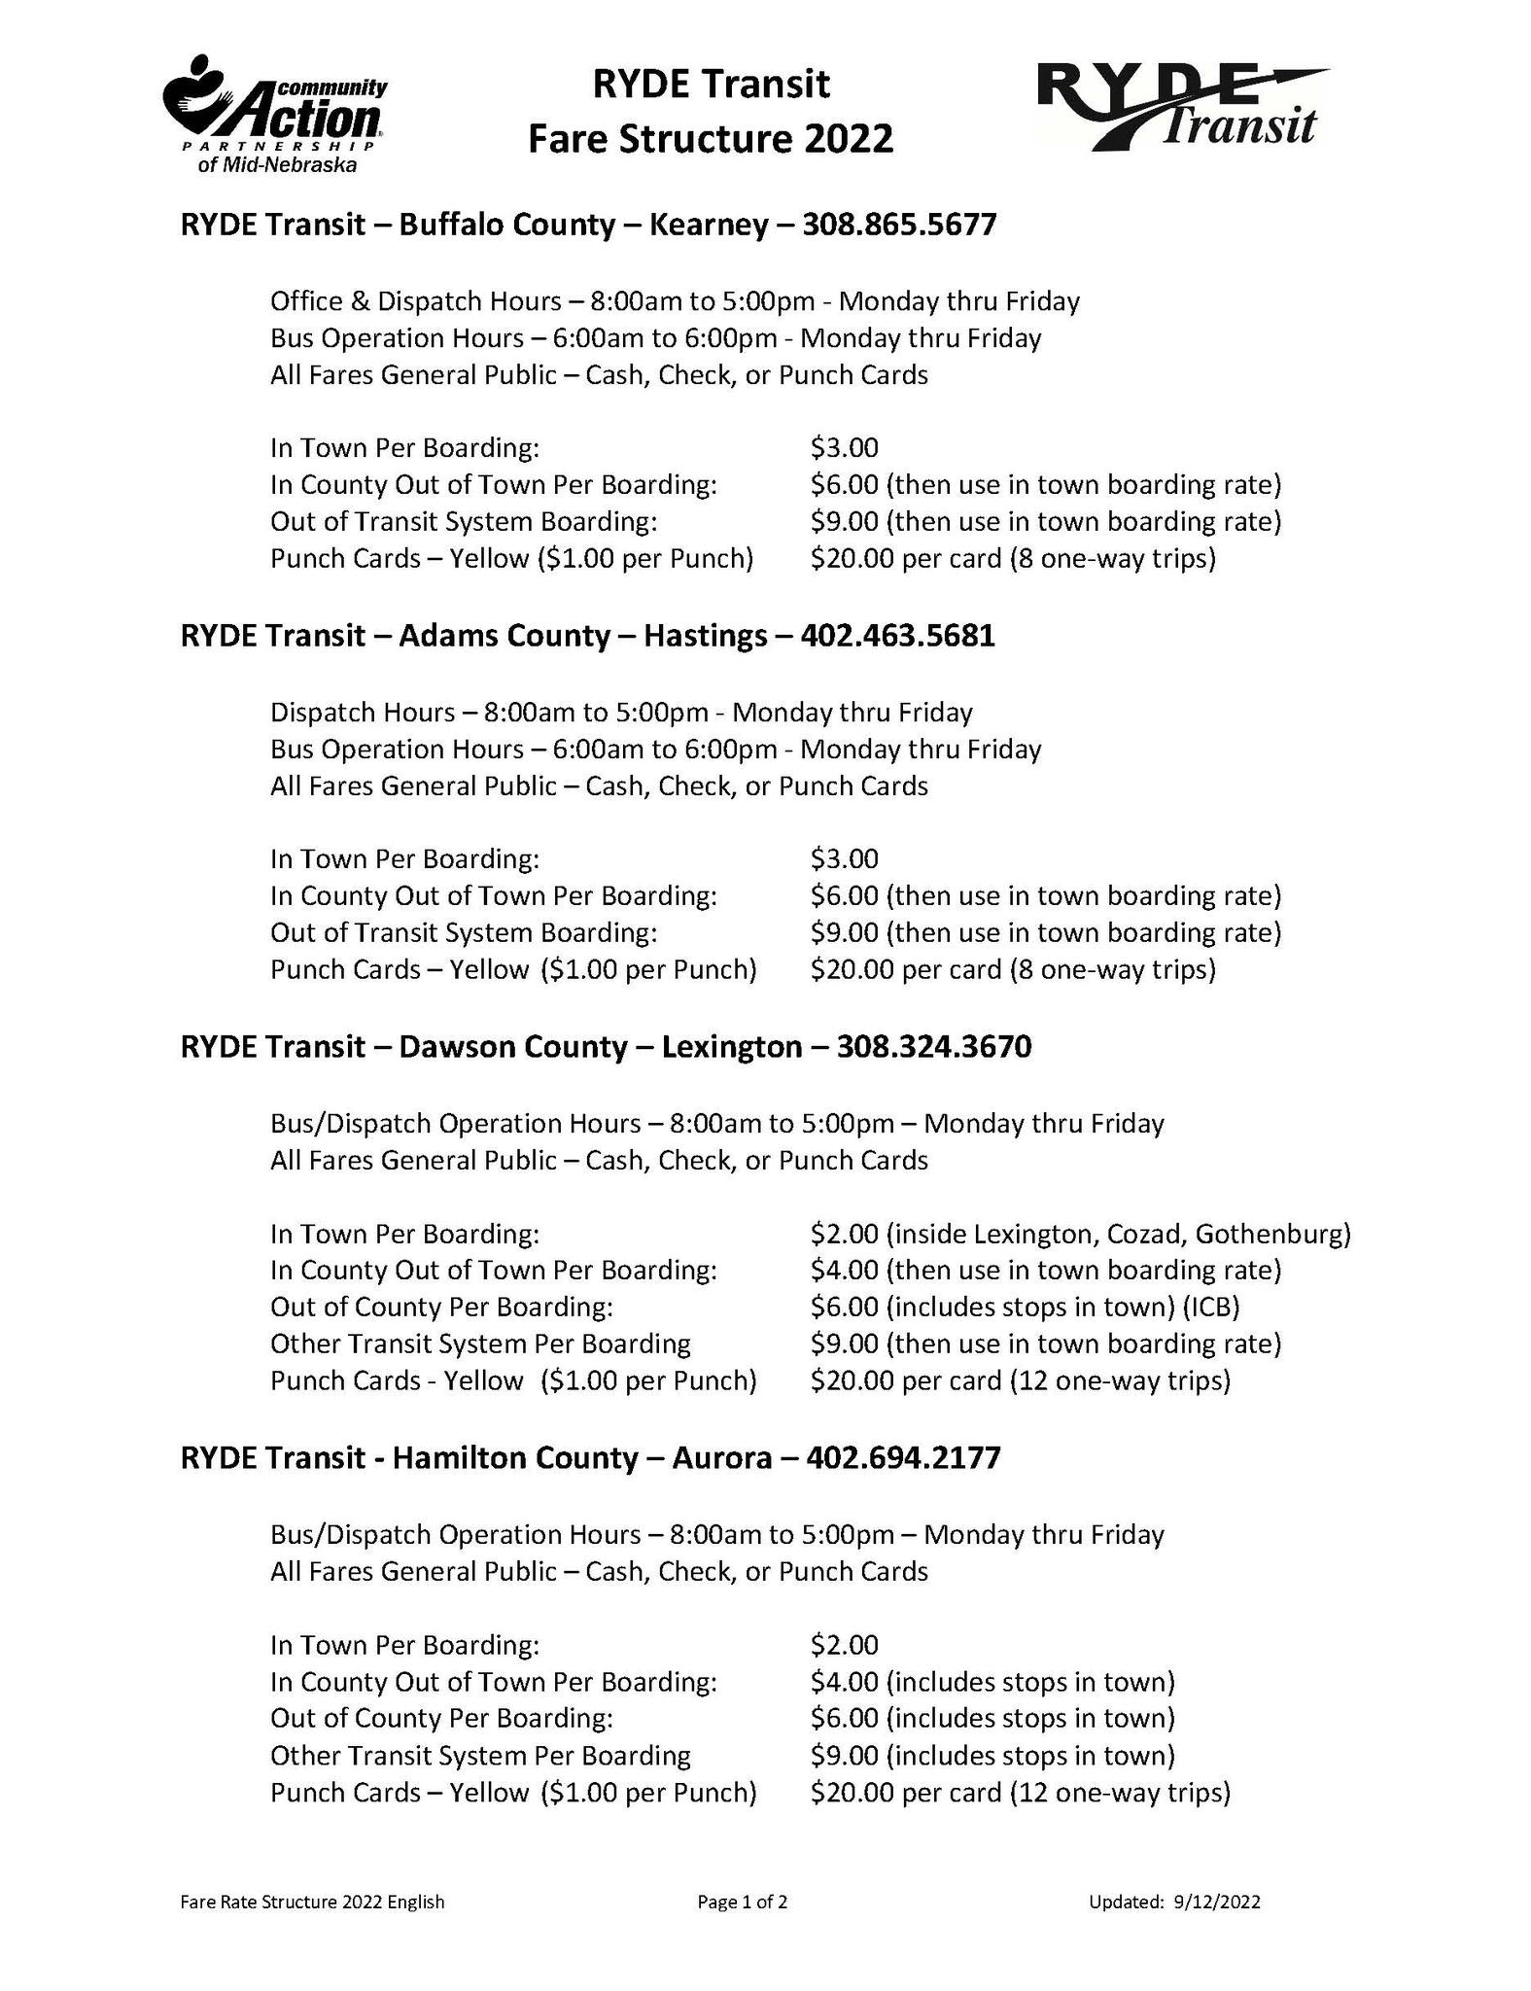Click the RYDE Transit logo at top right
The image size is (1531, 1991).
point(1182,107)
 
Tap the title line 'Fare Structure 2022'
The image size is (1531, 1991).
point(710,139)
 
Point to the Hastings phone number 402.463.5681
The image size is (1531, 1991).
point(897,637)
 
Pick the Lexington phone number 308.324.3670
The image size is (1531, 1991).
point(933,1047)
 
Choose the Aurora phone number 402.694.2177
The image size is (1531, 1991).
point(903,1458)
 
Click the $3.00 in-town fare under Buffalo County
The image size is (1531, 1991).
point(844,448)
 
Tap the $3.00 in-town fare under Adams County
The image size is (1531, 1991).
point(844,859)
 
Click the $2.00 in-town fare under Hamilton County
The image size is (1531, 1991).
point(844,1645)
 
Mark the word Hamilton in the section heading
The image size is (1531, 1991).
point(454,1458)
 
